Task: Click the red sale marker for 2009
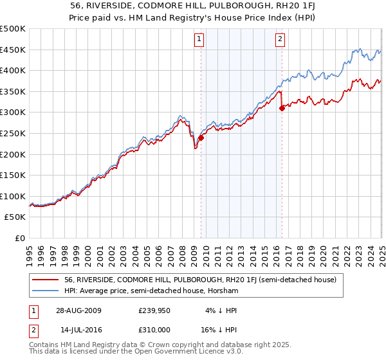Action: coord(201,138)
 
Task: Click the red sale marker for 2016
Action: coord(282,109)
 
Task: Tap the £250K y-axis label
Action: coord(13,133)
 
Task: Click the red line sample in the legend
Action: coord(45,280)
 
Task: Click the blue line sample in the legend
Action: coord(45,291)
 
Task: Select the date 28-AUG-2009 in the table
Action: coord(78,310)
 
